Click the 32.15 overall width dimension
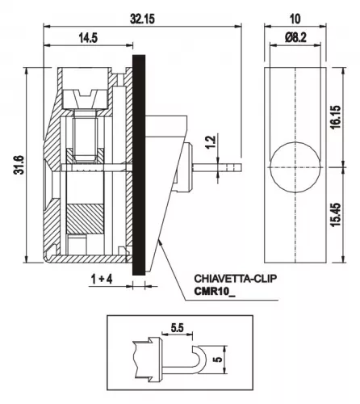click(142, 19)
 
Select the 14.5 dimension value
click(88, 38)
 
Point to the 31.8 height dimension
click(19, 165)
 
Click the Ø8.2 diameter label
click(295, 37)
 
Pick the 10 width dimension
click(295, 19)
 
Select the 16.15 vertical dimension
click(336, 117)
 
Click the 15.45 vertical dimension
click(336, 215)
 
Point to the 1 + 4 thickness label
click(102, 280)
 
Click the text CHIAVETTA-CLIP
click(235, 279)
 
